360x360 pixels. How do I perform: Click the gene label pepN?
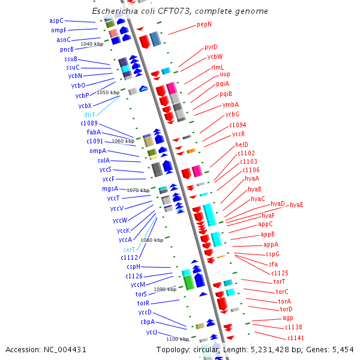(204, 25)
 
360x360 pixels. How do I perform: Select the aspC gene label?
(56, 20)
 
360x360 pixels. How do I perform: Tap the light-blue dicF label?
(89, 115)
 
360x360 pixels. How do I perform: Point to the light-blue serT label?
(129, 249)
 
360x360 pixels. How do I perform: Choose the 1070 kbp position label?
(137, 190)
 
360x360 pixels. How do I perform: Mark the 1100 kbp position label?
(178, 339)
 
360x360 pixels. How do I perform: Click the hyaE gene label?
(296, 205)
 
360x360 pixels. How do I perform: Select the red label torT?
(279, 281)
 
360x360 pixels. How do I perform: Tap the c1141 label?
(296, 338)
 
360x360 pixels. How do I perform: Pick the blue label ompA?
(98, 151)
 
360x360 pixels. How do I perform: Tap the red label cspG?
(272, 254)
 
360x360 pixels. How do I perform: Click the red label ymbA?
(230, 104)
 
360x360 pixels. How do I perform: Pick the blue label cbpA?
(148, 322)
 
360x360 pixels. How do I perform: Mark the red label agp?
(288, 317)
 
